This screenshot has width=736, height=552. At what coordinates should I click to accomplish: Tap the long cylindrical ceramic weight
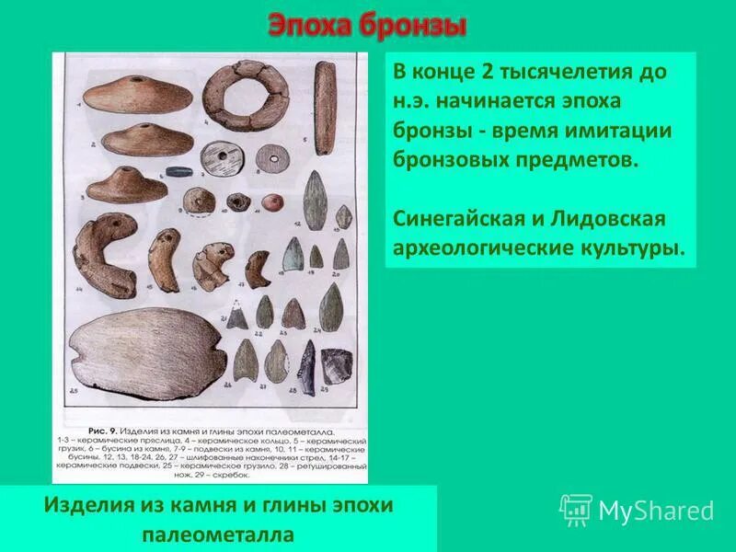[325, 108]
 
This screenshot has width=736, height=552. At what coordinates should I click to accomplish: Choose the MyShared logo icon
[576, 510]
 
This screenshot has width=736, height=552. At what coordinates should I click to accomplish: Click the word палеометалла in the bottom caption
[218, 534]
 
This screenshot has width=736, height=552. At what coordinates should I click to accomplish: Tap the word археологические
[478, 248]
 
